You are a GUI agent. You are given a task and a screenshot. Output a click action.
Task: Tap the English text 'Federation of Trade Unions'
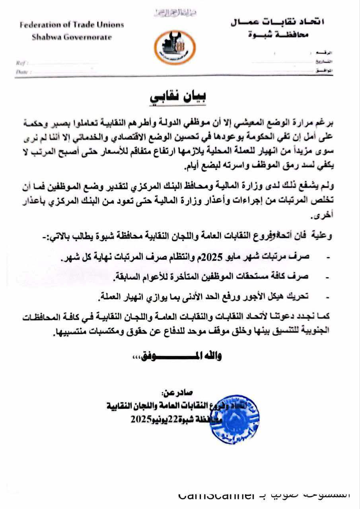click(72, 25)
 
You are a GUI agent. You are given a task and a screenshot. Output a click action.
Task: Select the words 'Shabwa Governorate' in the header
click(72, 37)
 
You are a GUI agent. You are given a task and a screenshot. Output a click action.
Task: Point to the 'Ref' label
click(20, 63)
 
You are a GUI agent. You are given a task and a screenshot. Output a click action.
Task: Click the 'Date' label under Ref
click(21, 72)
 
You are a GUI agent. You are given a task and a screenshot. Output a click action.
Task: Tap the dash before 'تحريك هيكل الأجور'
click(327, 296)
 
